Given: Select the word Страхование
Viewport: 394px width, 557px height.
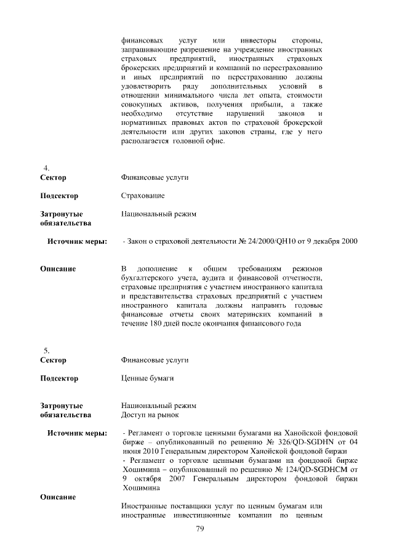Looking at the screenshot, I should (x=143, y=196).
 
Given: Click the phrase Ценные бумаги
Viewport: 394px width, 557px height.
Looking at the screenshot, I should (x=147, y=378).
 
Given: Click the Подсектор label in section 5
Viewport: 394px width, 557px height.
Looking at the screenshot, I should (x=59, y=378).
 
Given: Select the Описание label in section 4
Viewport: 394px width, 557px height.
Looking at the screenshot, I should (x=58, y=269).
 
